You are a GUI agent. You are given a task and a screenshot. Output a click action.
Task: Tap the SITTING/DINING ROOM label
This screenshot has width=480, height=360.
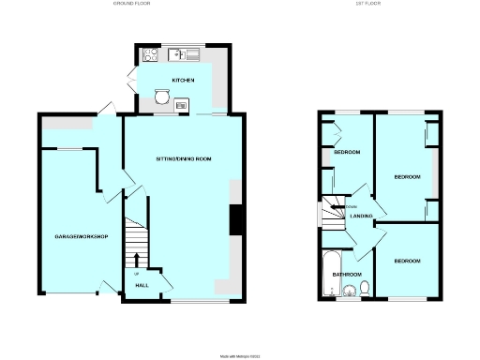184,159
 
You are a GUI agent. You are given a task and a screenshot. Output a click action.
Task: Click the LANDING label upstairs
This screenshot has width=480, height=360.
363,217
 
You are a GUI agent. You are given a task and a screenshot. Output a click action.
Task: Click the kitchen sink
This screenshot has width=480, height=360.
183,53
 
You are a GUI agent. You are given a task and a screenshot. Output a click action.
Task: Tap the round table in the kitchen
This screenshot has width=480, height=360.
162,96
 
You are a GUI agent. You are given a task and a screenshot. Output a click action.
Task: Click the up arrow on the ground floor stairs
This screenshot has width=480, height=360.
138,260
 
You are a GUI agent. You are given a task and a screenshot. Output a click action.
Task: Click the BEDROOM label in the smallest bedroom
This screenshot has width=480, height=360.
349,153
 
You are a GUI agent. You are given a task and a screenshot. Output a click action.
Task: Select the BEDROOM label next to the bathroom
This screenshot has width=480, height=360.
407,260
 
